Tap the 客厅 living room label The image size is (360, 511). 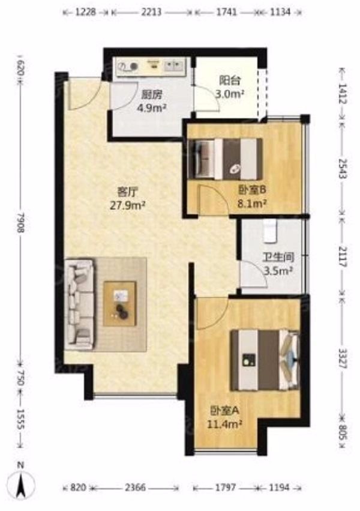(128, 192)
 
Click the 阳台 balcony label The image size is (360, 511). (230, 80)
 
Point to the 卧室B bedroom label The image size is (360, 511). (253, 190)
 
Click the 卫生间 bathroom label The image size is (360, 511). (278, 258)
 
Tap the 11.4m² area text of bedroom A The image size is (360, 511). (224, 424)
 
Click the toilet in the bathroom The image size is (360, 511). (270, 231)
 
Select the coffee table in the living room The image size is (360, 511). (120, 304)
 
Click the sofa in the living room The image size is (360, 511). (79, 305)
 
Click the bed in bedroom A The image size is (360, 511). (265, 360)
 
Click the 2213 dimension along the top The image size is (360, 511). (152, 12)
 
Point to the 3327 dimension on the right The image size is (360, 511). (343, 358)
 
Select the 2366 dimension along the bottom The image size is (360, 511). (136, 488)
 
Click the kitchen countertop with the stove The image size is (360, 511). (151, 67)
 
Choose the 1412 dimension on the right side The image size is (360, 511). (343, 94)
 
